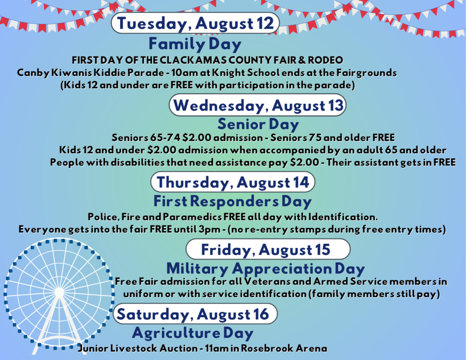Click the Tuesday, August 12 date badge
pyautogui.click(x=195, y=23)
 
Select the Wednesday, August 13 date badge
pyautogui.click(x=258, y=105)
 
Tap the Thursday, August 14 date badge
pyautogui.click(x=233, y=182)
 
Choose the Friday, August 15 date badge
pyautogui.click(x=268, y=249)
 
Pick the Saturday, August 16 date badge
pyautogui.click(x=195, y=314)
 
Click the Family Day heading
pyautogui.click(x=195, y=44)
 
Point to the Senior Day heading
pyautogui.click(x=258, y=124)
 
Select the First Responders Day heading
pyautogui.click(x=233, y=201)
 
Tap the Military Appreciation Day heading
pyautogui.click(x=265, y=269)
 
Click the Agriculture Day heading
pyautogui.click(x=192, y=333)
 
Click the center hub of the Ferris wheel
pyautogui.click(x=59, y=292)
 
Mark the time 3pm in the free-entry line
pyautogui.click(x=208, y=229)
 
